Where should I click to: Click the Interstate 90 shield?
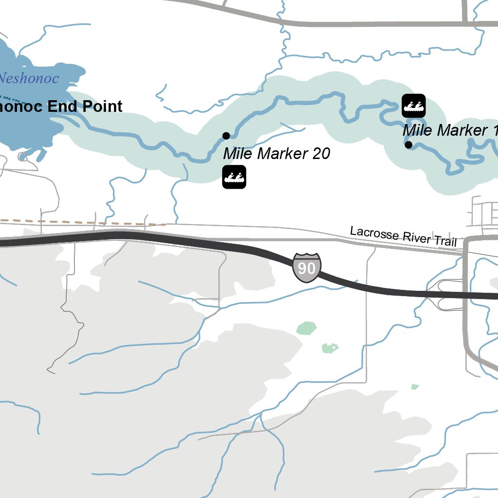click(x=306, y=267)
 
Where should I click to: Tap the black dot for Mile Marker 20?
click(x=226, y=136)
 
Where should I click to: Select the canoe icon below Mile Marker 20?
click(x=234, y=177)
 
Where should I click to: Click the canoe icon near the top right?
click(x=414, y=106)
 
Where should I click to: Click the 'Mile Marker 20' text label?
click(x=276, y=154)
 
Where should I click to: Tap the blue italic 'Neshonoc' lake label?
click(x=29, y=78)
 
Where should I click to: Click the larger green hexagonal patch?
click(x=306, y=328)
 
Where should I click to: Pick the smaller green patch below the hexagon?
click(x=330, y=348)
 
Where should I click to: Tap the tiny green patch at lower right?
click(x=415, y=387)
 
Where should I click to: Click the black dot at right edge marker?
click(x=409, y=144)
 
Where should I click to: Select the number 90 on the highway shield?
click(x=306, y=267)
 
